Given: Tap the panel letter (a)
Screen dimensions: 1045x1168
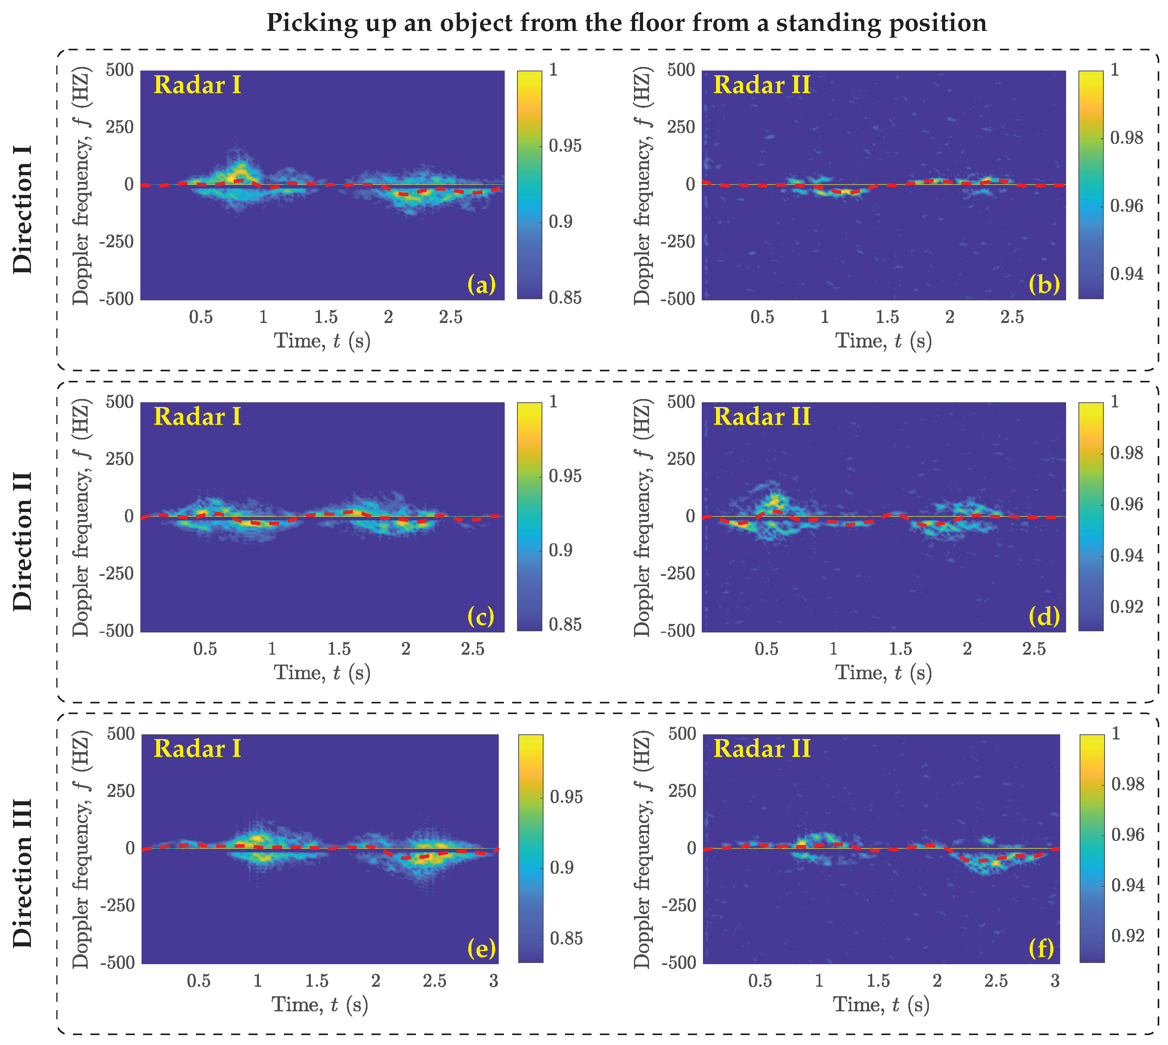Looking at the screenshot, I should [481, 284].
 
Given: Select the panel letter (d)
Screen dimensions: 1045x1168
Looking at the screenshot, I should [1044, 616].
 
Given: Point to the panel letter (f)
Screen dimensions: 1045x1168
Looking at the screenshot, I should [1042, 948].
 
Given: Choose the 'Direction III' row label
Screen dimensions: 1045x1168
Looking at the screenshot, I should [23, 873].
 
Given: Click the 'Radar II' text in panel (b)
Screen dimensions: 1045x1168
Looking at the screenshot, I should [762, 85].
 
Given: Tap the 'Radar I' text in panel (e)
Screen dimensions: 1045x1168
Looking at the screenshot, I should [197, 749].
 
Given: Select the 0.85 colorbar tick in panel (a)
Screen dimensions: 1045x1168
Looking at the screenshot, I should [565, 298].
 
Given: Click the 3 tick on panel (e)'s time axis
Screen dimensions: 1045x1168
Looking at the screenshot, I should [494, 981].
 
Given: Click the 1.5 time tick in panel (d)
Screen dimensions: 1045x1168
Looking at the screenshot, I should [900, 649].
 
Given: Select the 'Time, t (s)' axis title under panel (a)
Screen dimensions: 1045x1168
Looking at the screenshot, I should [322, 341].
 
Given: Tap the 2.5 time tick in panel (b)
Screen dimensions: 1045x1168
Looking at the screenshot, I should [1012, 317].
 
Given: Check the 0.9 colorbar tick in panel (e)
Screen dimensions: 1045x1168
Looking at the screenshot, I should [562, 867].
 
